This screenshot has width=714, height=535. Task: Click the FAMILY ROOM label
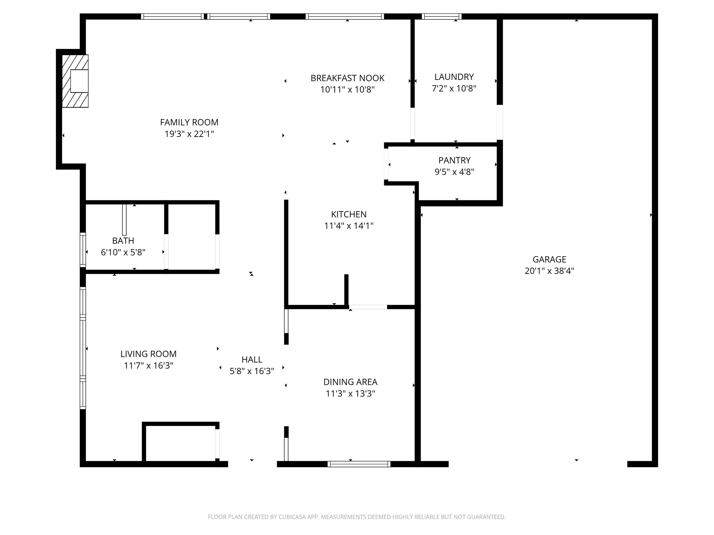tap(189, 122)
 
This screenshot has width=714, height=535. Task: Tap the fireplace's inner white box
tap(79, 81)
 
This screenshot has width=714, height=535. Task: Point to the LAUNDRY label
tap(454, 77)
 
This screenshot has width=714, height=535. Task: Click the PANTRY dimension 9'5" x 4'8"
tap(454, 172)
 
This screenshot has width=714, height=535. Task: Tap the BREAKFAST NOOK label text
tap(347, 78)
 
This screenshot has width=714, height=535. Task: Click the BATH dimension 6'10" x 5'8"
tap(123, 252)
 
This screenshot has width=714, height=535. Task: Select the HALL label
tap(252, 359)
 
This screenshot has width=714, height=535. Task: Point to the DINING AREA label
tap(350, 382)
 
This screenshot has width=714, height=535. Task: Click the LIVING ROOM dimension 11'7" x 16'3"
tap(149, 366)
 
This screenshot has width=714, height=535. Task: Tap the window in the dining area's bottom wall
tap(359, 464)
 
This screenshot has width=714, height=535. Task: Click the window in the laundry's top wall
tap(442, 17)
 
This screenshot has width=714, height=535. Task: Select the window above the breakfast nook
tap(345, 17)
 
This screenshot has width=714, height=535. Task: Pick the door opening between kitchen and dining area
tap(368, 307)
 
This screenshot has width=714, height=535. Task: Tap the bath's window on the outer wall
tap(83, 250)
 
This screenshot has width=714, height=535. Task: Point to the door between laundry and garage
tap(500, 122)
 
